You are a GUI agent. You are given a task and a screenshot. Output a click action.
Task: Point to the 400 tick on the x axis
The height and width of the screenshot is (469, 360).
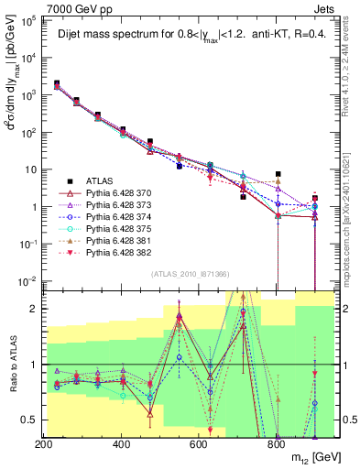(x=121, y=443)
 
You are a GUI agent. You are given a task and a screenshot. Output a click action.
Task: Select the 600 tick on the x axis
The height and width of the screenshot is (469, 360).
(x=198, y=443)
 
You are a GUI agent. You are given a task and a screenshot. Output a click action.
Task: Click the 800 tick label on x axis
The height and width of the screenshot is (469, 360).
(x=275, y=443)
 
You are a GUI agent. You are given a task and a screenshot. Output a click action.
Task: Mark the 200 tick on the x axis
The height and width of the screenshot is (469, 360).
(x=44, y=443)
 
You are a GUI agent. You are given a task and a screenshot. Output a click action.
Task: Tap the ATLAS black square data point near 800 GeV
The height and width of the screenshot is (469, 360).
(x=278, y=174)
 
